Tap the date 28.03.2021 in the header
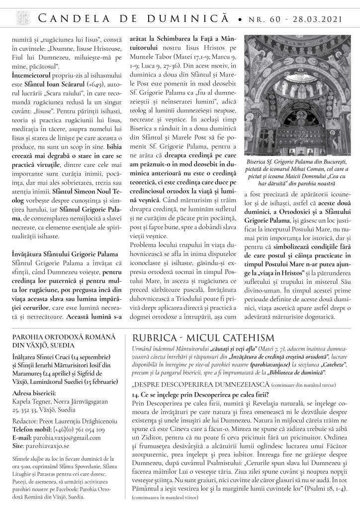(318, 19)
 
